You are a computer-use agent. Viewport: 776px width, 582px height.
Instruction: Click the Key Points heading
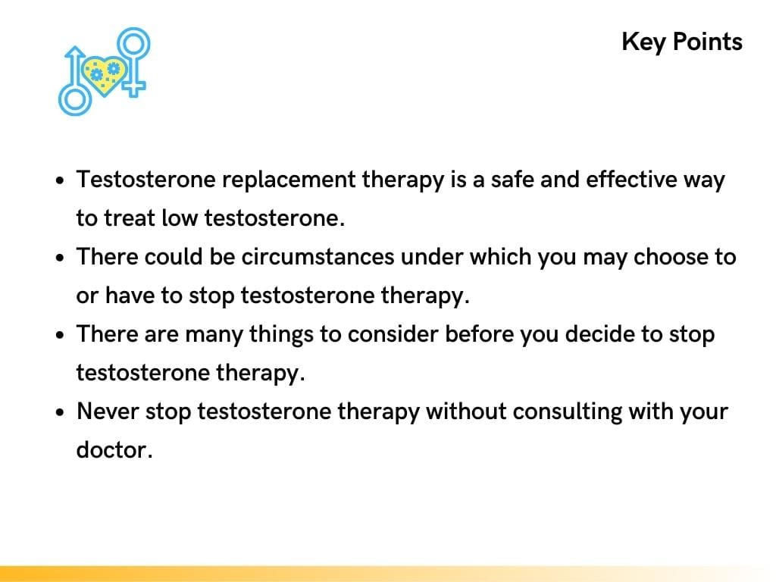coord(681,41)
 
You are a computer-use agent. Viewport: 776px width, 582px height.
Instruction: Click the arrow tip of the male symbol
coord(74,52)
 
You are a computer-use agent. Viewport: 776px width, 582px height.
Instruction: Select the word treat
coord(130,219)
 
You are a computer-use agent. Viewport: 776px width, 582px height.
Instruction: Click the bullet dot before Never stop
coord(61,413)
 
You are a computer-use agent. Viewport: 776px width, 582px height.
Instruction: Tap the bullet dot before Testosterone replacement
coord(61,182)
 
